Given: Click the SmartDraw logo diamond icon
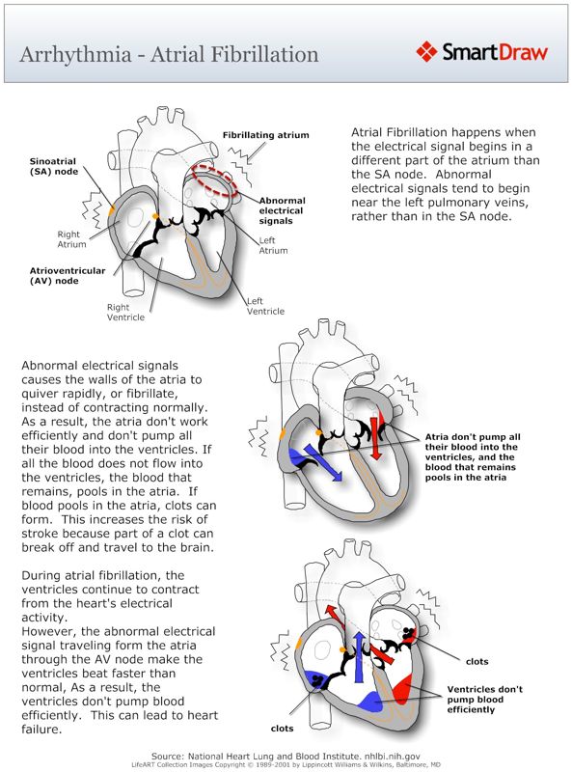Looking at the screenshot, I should pos(427,52).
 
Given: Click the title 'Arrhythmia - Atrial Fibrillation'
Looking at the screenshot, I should pos(169,53).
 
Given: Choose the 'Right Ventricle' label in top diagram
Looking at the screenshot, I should pos(125,312).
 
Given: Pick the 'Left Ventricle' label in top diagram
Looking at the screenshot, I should pos(265,306).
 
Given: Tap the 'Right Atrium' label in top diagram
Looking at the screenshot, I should pos(71,238).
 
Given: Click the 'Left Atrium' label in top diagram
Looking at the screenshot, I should pos(274,245).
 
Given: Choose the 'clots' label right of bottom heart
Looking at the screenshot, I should pos(477,662).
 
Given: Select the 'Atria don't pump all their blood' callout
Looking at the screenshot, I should pos(471,456).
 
